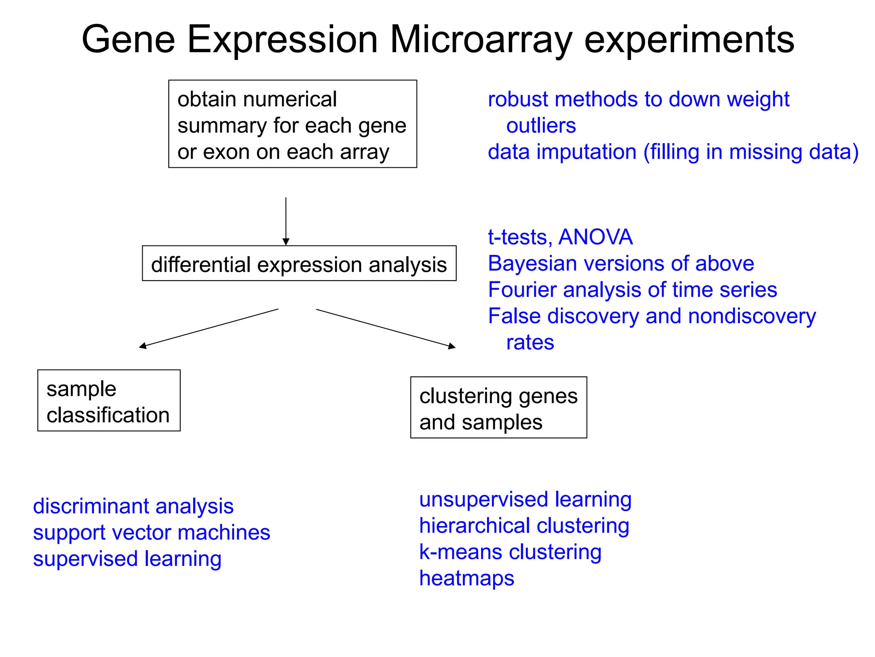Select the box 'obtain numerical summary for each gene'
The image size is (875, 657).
292,124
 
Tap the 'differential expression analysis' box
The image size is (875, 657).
299,263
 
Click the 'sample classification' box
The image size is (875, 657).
109,401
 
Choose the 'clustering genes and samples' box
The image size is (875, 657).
498,408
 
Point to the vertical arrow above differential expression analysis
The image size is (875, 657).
286,221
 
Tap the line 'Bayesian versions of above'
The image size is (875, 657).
621,263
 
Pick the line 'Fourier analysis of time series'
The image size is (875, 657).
632,290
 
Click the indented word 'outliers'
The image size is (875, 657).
541,126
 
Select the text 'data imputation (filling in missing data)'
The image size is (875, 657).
673,152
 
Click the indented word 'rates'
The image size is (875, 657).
530,343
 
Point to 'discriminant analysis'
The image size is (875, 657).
133,506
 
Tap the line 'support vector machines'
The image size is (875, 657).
152,533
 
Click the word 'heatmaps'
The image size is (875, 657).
467,578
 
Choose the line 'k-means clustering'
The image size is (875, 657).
510,552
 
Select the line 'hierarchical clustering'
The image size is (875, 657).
524,526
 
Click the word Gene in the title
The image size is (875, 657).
128,40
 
